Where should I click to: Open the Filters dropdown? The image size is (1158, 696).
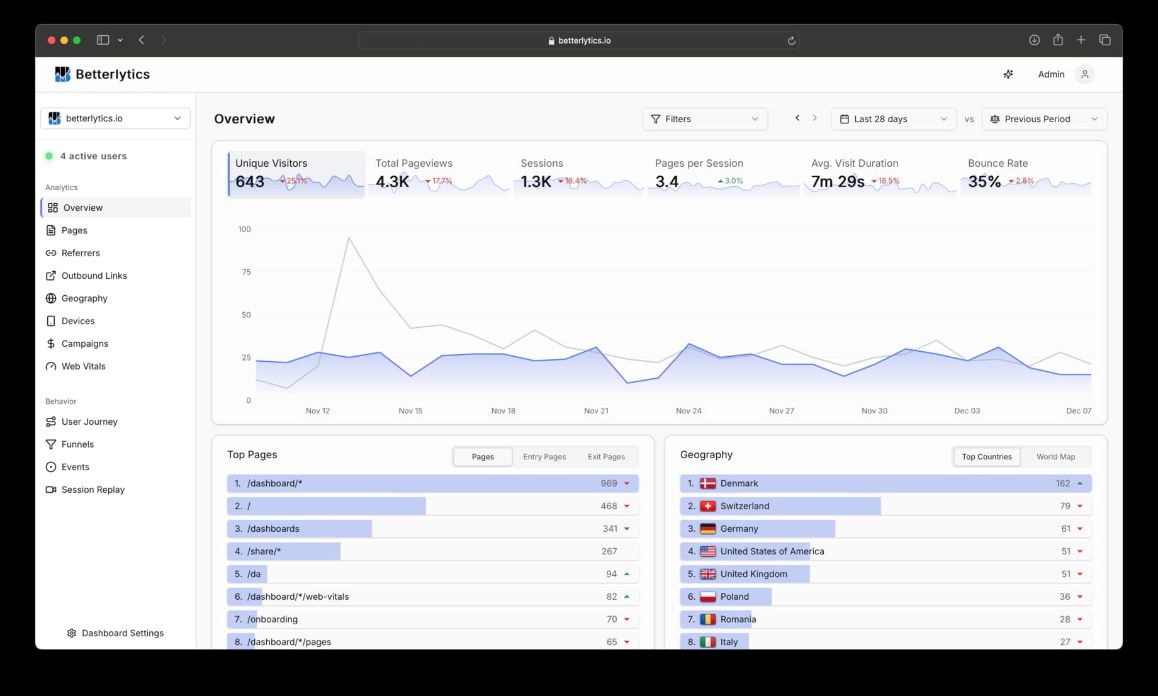pos(704,119)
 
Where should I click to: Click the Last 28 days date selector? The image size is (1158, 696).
pos(893,119)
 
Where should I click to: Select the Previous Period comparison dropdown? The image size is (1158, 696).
pos(1043,119)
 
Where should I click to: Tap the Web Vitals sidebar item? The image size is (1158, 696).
pos(83,366)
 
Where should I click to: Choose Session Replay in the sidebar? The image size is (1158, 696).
pos(93,490)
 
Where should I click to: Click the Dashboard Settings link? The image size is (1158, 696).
pos(122,633)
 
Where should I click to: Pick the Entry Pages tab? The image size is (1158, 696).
pos(544,457)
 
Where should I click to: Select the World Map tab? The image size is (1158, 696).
pos(1055,457)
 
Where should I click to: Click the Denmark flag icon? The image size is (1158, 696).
pos(708,483)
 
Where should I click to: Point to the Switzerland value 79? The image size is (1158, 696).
pos(1065,506)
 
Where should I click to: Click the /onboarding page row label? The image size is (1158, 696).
pos(273,619)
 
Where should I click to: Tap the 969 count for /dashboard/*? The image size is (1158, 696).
pos(609,483)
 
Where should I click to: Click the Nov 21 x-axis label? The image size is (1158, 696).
pos(596,411)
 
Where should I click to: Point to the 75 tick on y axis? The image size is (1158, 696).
pos(246,272)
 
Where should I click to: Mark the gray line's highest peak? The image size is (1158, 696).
pos(349,237)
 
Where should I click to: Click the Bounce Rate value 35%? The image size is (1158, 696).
pos(984,182)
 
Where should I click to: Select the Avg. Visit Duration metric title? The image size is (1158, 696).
pos(855,163)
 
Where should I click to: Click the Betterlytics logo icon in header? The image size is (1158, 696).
pos(62,74)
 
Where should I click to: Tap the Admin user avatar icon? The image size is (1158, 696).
pos(1084,74)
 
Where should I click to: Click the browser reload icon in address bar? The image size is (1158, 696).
pos(791,40)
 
